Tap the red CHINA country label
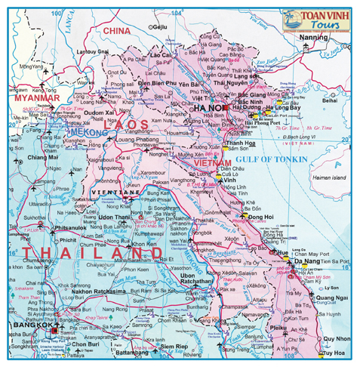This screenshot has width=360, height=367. [x=117, y=31]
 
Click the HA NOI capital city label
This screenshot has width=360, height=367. [x=209, y=108]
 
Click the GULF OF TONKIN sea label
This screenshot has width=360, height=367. [x=271, y=159]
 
